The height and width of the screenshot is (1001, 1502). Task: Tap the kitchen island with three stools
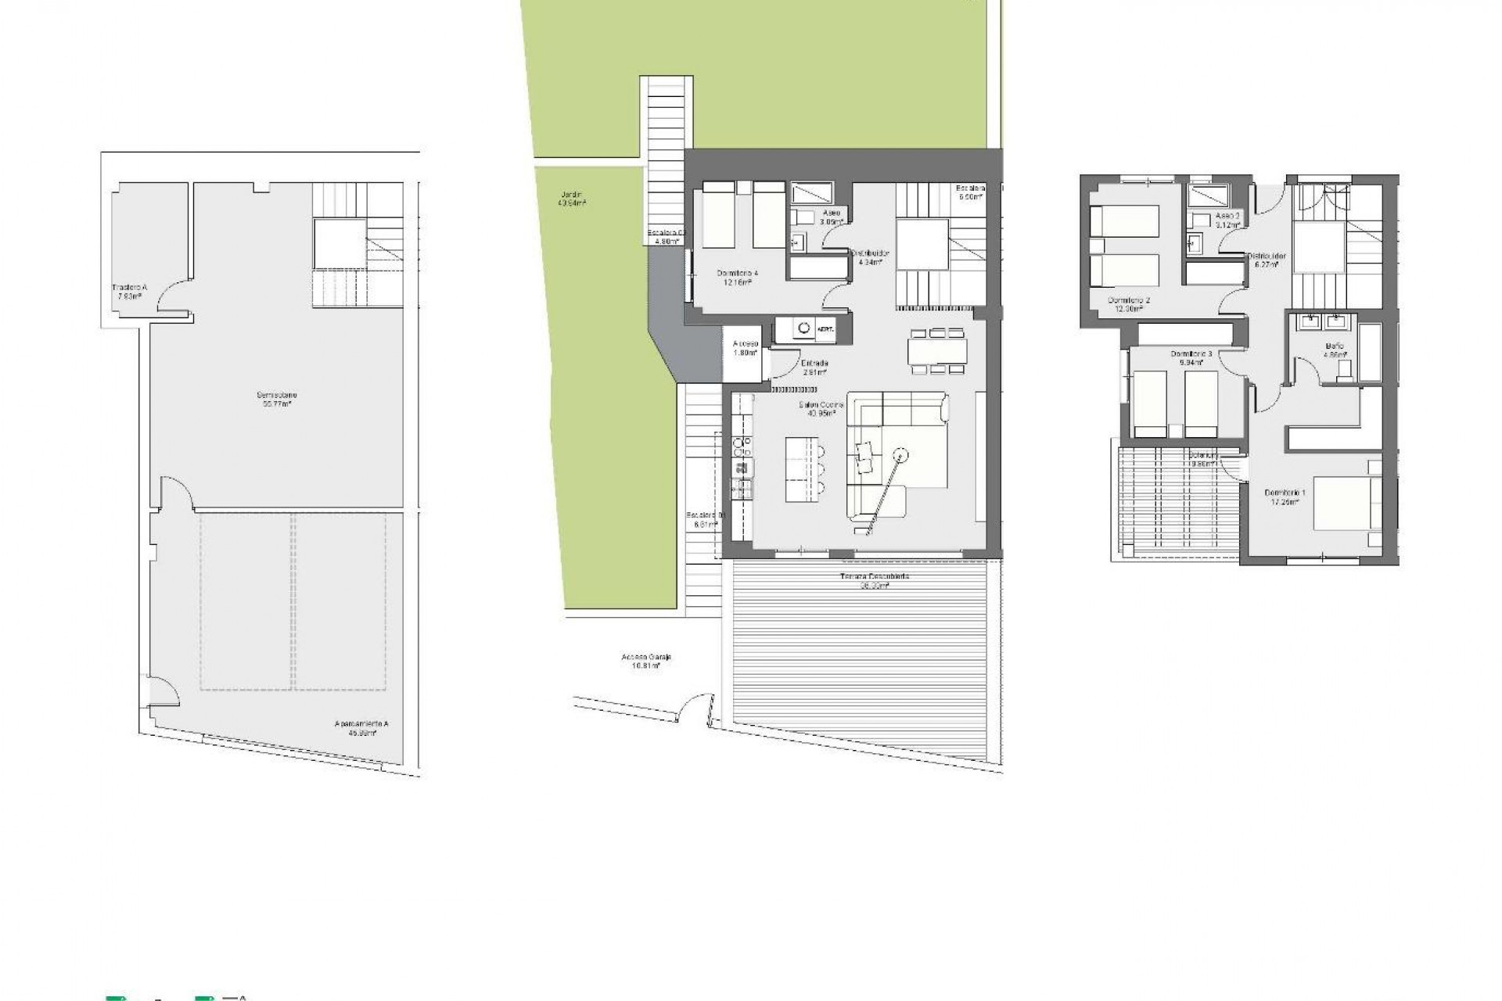(801, 468)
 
